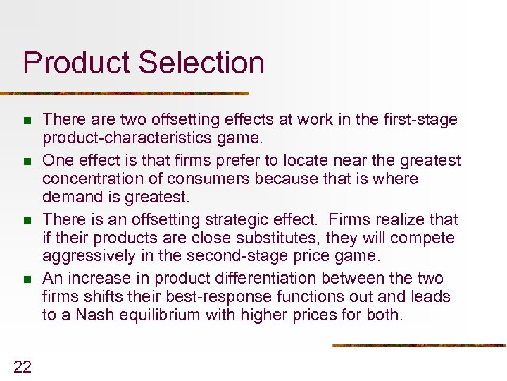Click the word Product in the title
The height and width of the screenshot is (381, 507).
click(77, 63)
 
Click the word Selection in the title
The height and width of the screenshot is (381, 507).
click(201, 62)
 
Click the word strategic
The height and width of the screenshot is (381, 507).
click(260, 219)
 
